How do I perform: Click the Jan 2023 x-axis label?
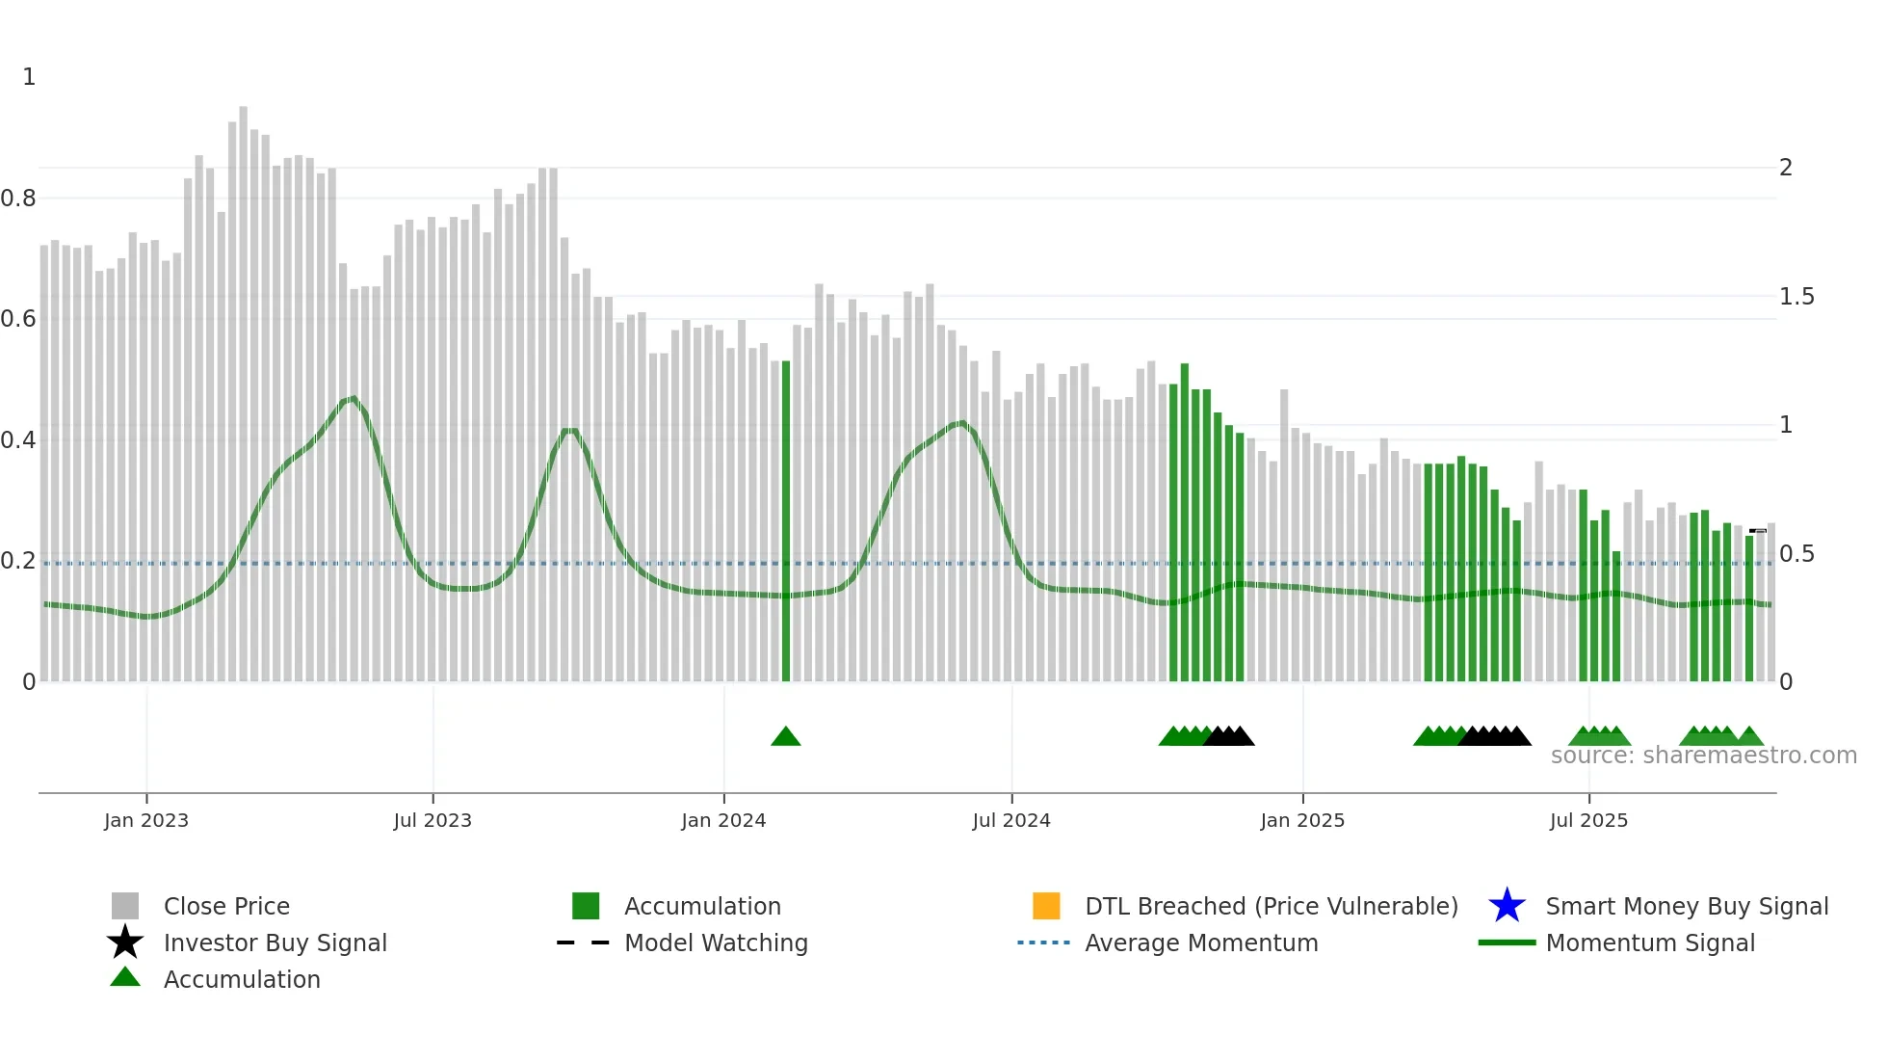146,820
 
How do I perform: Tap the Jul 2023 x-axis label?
433,820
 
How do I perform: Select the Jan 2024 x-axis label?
723,820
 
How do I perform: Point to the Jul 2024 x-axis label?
1011,820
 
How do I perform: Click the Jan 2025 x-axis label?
1302,820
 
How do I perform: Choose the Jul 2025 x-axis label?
1588,820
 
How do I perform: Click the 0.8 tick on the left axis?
18,199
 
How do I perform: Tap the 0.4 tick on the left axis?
18,440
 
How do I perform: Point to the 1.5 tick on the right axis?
1796,297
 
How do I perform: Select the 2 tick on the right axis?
1786,168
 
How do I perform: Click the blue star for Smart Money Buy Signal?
1507,906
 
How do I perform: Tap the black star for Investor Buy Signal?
125,943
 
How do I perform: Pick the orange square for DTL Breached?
1046,906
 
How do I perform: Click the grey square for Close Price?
125,906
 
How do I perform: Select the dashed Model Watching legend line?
584,943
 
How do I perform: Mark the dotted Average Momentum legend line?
1044,943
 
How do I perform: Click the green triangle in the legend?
125,978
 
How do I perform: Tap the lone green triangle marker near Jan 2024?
786,737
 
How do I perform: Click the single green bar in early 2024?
786,520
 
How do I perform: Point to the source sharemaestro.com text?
1703,756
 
